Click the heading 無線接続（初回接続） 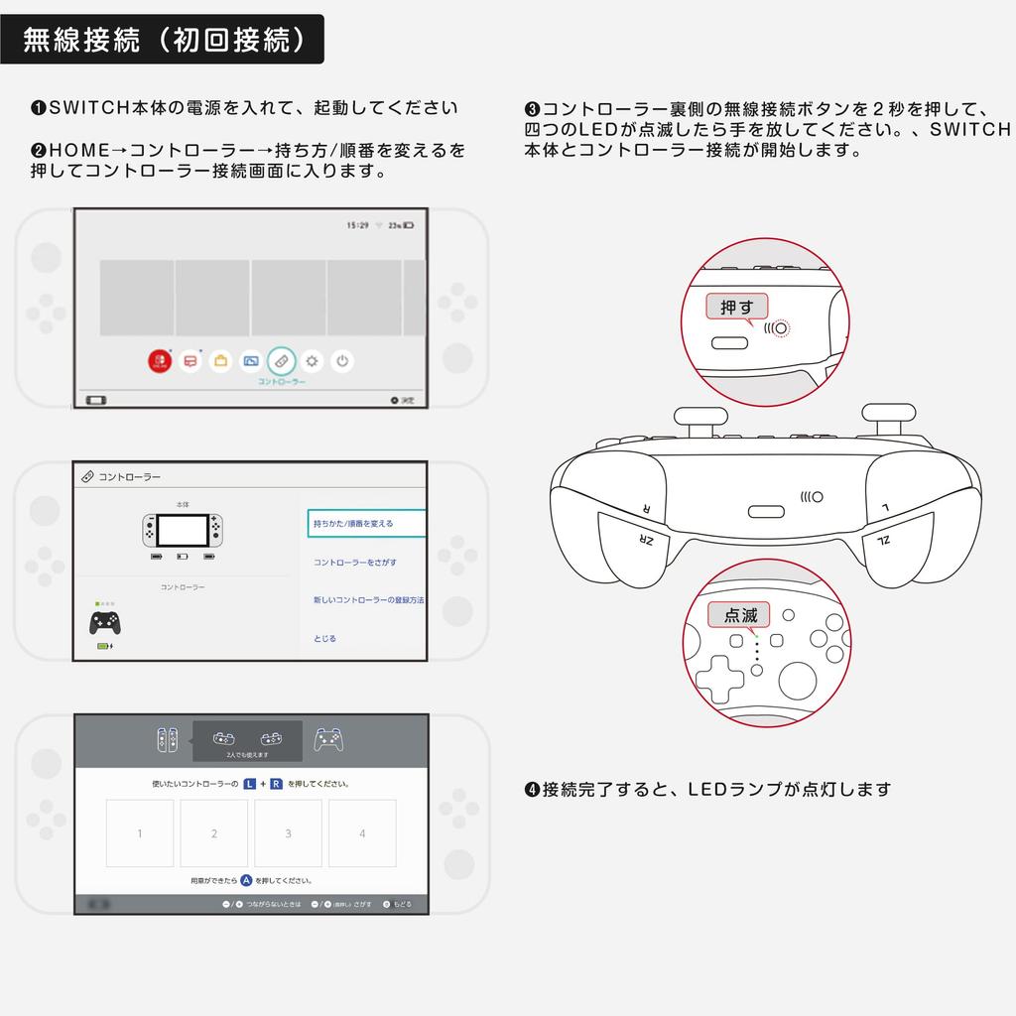pos(162,39)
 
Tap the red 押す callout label pos(736,307)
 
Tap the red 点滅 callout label pos(739,615)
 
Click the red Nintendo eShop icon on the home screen pos(160,361)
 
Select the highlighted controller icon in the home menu pos(281,361)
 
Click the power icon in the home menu pos(342,361)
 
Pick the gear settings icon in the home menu pos(312,361)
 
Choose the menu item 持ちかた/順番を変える pos(354,523)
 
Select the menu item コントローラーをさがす pos(355,563)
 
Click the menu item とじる pos(325,638)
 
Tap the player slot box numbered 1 pos(140,833)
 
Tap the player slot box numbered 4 pos(362,833)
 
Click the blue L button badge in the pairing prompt pos(250,784)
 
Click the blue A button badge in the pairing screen pos(246,880)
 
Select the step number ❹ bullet pos(532,790)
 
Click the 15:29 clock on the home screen pos(358,226)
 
